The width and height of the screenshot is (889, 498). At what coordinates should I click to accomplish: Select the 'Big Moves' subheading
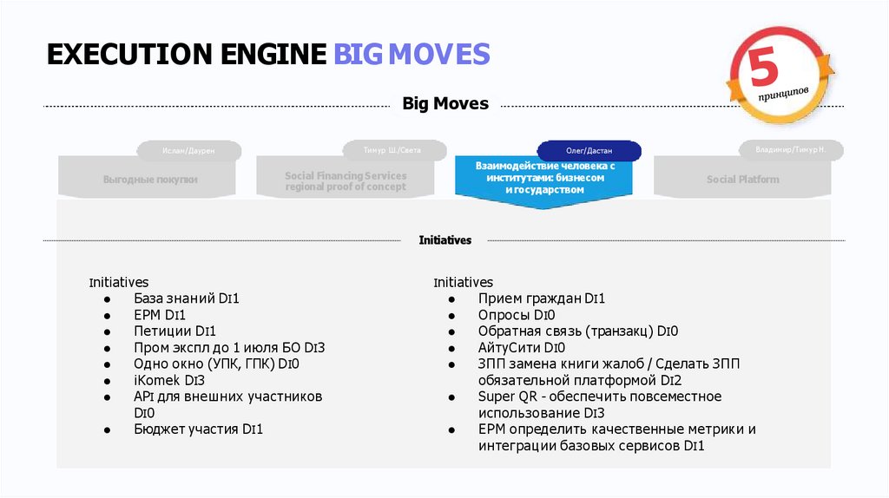pyautogui.click(x=445, y=104)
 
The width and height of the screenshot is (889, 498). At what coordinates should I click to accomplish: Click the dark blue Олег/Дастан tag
pyautogui.click(x=589, y=150)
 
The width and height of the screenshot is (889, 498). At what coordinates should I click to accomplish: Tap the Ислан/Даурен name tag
pyautogui.click(x=188, y=150)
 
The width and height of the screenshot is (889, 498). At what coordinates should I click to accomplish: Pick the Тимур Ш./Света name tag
pyautogui.click(x=392, y=149)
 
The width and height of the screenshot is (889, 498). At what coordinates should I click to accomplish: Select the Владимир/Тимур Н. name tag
pyautogui.click(x=790, y=149)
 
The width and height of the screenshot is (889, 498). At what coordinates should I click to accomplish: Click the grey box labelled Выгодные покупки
pyautogui.click(x=150, y=180)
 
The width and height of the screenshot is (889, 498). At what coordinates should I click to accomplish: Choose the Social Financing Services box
pyautogui.click(x=346, y=180)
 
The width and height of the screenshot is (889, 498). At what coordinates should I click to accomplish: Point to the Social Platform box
pyautogui.click(x=742, y=180)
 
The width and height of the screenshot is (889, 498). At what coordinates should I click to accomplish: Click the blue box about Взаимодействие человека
pyautogui.click(x=544, y=177)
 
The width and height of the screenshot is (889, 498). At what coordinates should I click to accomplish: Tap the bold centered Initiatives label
pyautogui.click(x=444, y=240)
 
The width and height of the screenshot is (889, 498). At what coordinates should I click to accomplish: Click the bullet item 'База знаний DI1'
pyautogui.click(x=186, y=298)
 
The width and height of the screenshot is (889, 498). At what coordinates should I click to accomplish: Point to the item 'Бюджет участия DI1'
pyautogui.click(x=198, y=429)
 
